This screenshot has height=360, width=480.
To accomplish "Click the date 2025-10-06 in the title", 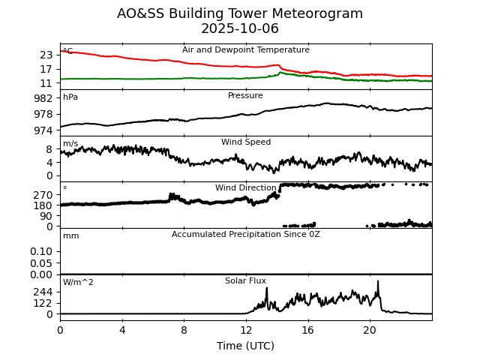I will coord(240,29).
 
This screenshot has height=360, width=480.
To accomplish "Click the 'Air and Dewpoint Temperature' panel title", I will coord(246,50).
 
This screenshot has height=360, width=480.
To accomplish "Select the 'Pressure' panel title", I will coord(245,96).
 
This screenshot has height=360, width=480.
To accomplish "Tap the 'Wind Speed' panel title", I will coord(246,142).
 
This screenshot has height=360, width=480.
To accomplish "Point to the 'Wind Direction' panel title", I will coord(246,188).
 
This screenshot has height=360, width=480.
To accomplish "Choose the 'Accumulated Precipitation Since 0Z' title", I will coord(246,235).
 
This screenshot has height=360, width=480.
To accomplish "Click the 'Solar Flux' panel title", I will coord(246,281).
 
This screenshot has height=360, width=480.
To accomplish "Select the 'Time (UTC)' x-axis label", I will coord(246,346).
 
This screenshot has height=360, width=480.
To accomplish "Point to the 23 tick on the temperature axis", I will coord(46,55).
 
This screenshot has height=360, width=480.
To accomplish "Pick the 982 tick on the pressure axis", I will coord(43,98).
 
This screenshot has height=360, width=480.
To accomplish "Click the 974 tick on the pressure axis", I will coord(43,130).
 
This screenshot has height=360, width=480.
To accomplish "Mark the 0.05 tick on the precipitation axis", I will coord(41,263).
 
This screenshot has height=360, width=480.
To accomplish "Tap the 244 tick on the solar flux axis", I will coord(43,292).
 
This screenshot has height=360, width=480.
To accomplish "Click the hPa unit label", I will coord(70,97).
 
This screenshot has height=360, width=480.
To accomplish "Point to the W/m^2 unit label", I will coord(78,283).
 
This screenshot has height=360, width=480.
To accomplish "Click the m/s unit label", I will coord(70,144).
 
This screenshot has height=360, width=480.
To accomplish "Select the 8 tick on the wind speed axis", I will coord(49,149).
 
